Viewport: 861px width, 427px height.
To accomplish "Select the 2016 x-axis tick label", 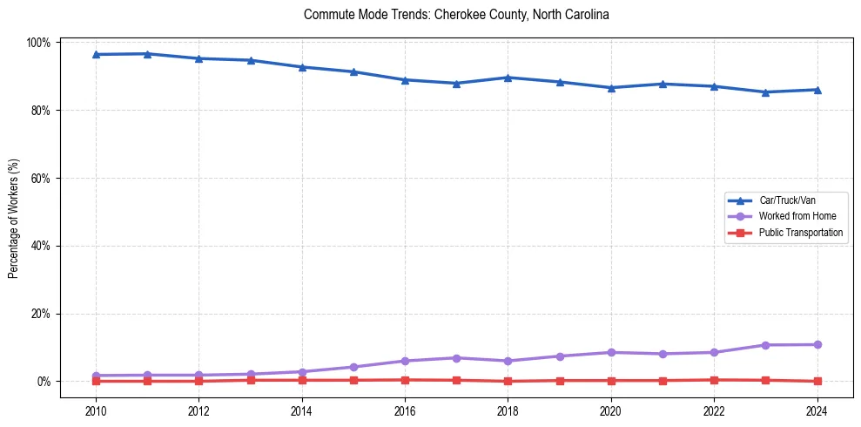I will [405, 410].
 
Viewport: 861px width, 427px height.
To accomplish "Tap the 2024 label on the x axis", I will [817, 410].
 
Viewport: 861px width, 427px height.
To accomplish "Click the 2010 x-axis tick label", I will [96, 410].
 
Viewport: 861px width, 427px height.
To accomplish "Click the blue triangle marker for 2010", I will [96, 54].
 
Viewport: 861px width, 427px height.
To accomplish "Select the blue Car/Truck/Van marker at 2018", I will [508, 78].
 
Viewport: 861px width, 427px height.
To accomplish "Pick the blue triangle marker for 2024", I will [817, 90].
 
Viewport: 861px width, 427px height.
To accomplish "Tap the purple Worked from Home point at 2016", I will [405, 361].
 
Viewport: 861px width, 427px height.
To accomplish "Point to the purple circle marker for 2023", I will [765, 345].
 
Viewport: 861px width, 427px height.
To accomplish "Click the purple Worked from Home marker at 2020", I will [611, 352].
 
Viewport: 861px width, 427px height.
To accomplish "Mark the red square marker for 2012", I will [198, 381].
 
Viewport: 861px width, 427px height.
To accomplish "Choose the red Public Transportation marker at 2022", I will [714, 380].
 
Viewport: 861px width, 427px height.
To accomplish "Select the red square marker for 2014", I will [302, 380].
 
